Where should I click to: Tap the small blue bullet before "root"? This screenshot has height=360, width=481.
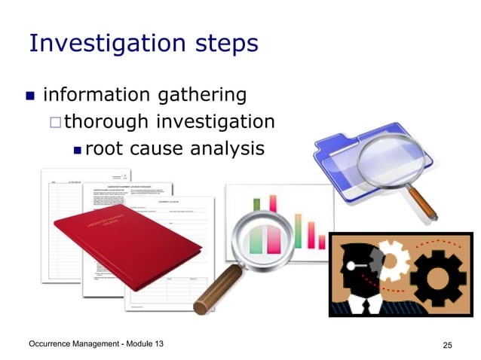coord(76,149)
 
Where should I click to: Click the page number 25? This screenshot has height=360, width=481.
coord(447,345)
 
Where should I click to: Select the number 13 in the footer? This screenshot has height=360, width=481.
coord(156,344)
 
